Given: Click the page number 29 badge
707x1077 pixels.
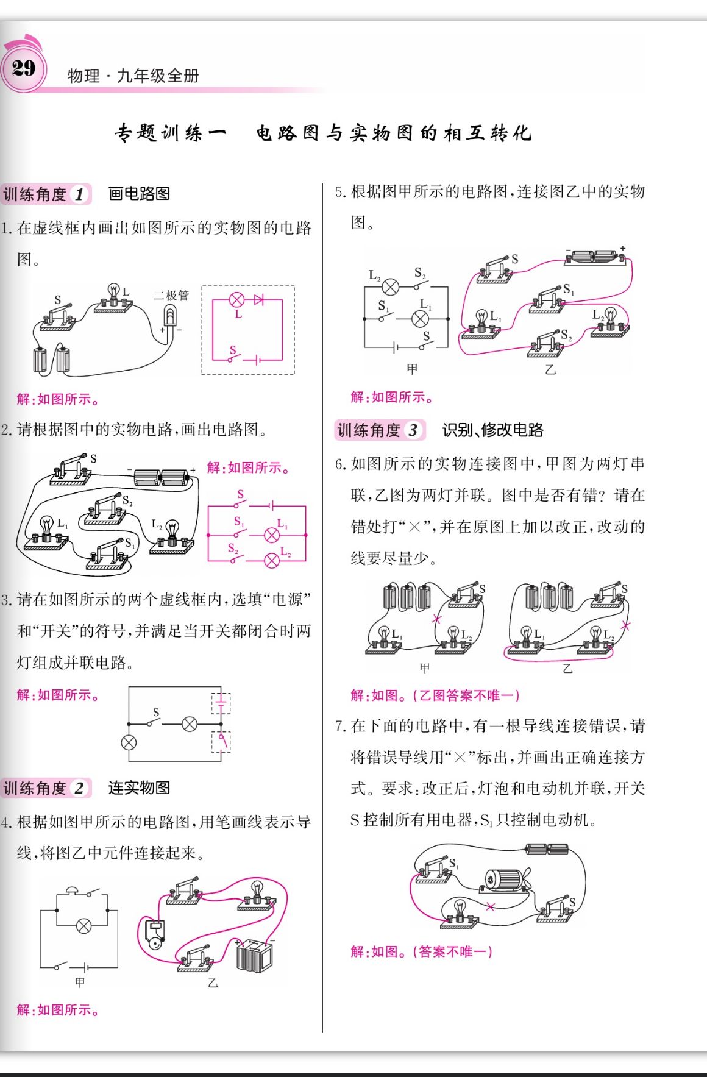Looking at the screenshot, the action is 24,68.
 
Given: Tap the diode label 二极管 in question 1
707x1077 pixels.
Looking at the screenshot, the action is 171,296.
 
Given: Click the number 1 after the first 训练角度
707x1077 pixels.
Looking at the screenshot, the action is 79,194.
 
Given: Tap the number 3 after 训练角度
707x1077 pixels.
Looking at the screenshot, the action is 413,430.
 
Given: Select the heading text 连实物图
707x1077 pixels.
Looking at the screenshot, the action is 139,787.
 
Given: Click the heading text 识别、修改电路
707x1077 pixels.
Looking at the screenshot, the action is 492,430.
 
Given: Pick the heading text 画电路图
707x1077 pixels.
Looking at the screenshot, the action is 139,194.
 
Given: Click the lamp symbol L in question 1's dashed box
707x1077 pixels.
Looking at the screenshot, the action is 236,300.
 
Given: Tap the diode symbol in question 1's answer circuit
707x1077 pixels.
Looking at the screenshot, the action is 259,299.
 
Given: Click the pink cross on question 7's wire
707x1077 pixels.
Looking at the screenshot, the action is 490,907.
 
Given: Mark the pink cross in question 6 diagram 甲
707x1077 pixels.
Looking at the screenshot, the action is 436,620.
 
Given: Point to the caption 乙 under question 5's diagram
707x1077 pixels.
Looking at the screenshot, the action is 550,370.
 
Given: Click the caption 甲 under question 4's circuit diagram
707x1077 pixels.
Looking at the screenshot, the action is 80,982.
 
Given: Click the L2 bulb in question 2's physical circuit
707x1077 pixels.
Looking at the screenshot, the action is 172,532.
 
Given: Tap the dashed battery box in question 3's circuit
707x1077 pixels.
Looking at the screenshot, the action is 221,703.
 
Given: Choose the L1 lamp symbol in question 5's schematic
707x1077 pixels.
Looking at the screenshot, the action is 421,319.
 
